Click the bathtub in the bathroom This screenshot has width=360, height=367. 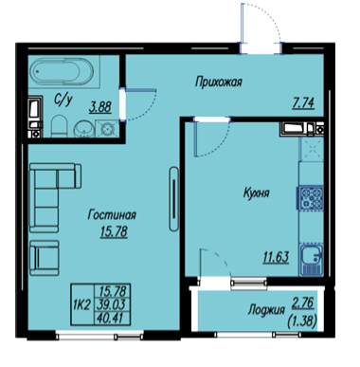63,71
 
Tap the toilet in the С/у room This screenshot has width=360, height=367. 59,126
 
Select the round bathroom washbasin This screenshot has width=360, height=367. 84,129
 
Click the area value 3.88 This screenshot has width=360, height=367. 100,107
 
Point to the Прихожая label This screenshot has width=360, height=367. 219,82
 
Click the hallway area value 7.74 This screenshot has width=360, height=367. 303,103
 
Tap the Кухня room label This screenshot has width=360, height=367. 257,193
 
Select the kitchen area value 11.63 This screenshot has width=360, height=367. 276,257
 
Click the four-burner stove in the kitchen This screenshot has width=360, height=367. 311,198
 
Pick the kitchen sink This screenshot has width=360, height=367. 312,259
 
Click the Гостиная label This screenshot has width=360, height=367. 112,215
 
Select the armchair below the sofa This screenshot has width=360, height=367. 45,258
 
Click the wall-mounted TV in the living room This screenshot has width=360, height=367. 173,198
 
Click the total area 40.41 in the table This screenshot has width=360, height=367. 113,317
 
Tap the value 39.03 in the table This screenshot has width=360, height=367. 113,304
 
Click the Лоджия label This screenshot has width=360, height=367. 266,310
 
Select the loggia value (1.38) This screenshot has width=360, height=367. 302,322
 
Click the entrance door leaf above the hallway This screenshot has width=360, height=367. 243,23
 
